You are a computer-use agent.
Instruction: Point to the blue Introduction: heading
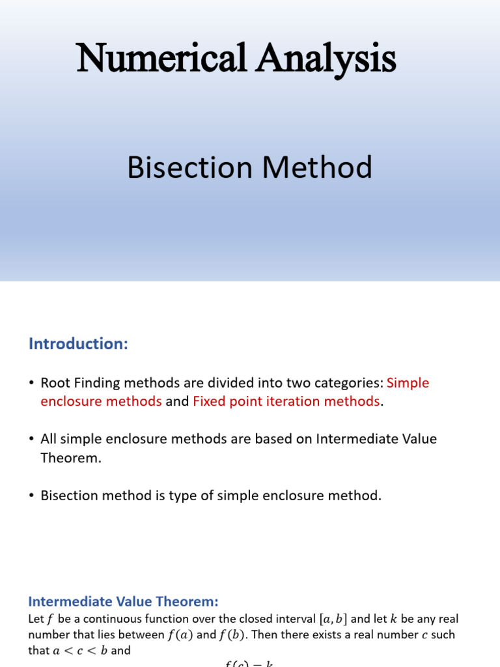pyautogui.click(x=78, y=344)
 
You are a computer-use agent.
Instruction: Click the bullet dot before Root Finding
pyautogui.click(x=31, y=384)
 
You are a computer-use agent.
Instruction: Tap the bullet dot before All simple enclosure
pyautogui.click(x=31, y=440)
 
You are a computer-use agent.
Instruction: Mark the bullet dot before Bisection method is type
pyautogui.click(x=31, y=496)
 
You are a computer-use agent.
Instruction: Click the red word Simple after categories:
pyautogui.click(x=408, y=383)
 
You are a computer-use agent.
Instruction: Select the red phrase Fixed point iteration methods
pyautogui.click(x=286, y=402)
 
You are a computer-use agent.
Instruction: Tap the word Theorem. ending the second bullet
pyautogui.click(x=71, y=458)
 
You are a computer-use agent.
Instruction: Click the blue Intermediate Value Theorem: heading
pyautogui.click(x=124, y=602)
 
